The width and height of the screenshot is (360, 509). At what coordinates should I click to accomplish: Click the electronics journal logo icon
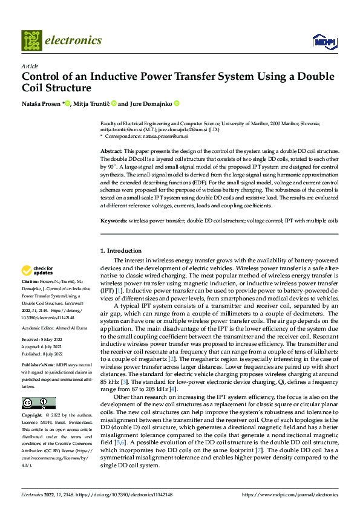[31, 41]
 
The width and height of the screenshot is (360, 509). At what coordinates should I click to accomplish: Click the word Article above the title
[30, 66]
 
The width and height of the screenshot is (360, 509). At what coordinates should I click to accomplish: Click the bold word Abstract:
[111, 150]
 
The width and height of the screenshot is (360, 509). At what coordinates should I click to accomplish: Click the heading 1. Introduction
[120, 250]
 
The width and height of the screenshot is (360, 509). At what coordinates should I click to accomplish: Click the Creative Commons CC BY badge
[38, 403]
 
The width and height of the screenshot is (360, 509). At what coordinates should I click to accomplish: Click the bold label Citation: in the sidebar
[30, 282]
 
